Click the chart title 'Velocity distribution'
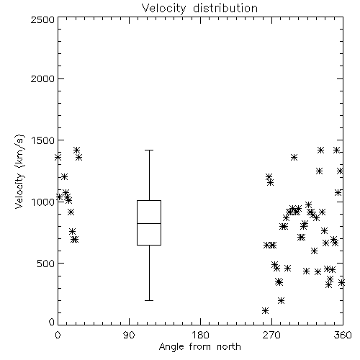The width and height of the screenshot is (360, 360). (199, 8)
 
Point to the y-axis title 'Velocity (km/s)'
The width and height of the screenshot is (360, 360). (19, 171)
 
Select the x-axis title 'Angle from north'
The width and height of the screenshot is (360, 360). (199, 346)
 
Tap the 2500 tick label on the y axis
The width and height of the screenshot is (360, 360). (42, 19)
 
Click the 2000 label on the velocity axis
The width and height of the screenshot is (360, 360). (42, 78)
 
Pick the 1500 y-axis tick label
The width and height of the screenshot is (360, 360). (43, 140)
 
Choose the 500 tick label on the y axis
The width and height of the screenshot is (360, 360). (45, 264)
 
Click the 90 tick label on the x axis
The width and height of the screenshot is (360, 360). (129, 335)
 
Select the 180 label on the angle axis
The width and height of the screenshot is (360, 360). (200, 335)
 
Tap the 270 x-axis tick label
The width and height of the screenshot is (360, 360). (271, 335)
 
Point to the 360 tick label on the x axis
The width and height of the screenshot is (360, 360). (343, 335)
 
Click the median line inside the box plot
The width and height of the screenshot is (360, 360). (149, 223)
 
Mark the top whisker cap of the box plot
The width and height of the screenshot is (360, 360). (149, 150)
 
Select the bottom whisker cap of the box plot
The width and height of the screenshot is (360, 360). (149, 300)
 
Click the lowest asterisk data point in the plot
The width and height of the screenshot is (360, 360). (265, 311)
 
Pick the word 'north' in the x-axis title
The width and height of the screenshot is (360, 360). (229, 346)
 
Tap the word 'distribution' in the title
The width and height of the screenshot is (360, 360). (225, 8)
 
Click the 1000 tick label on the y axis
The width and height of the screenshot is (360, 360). (42, 202)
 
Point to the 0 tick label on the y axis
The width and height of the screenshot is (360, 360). (52, 322)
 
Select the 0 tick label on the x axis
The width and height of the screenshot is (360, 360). (58, 335)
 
